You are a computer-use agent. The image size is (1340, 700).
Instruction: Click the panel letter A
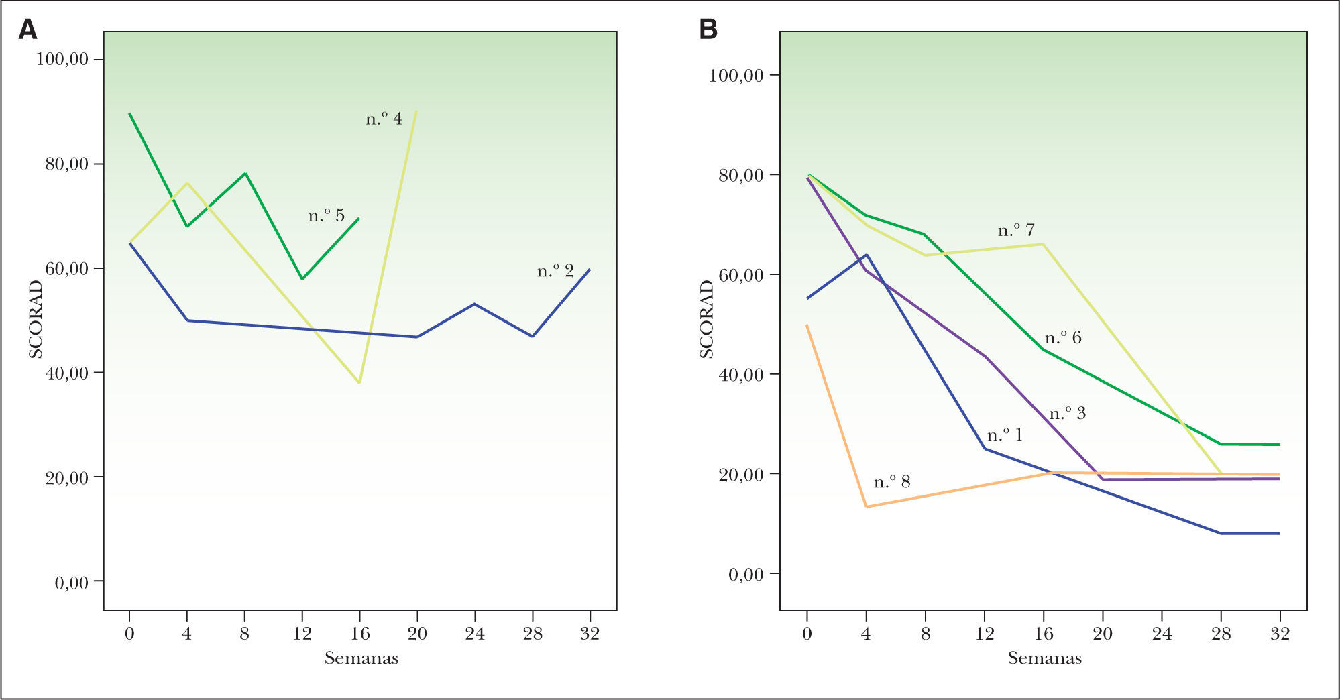pyautogui.click(x=27, y=30)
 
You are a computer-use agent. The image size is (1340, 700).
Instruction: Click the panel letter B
pyautogui.click(x=708, y=30)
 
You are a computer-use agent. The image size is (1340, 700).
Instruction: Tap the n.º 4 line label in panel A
pyautogui.click(x=384, y=119)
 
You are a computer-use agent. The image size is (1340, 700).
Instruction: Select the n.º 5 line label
pyautogui.click(x=327, y=216)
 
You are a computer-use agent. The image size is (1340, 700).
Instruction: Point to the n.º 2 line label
pyautogui.click(x=555, y=271)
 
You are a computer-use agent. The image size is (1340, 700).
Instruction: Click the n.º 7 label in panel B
pyautogui.click(x=1016, y=231)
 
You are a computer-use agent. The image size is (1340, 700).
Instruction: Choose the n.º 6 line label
pyautogui.click(x=1063, y=337)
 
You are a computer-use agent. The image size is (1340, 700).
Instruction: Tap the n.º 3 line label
pyautogui.click(x=1067, y=414)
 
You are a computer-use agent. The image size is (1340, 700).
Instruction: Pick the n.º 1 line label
pyautogui.click(x=1005, y=436)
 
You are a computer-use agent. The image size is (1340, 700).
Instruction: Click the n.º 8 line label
pyautogui.click(x=892, y=482)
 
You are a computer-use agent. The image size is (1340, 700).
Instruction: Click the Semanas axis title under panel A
pyautogui.click(x=361, y=658)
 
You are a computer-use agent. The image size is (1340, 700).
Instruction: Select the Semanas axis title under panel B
pyautogui.click(x=1044, y=658)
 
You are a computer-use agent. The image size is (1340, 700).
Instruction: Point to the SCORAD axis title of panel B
pyautogui.click(x=707, y=319)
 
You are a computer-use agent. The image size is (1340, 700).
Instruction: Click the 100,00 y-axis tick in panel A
pyautogui.click(x=62, y=60)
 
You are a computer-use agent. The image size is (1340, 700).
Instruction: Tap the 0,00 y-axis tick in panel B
pyautogui.click(x=746, y=575)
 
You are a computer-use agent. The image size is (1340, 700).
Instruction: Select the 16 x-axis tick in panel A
pyautogui.click(x=359, y=634)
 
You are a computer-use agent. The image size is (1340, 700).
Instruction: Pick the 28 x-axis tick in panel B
pyautogui.click(x=1221, y=634)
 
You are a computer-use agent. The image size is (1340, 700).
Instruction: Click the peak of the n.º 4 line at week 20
pyautogui.click(x=416, y=111)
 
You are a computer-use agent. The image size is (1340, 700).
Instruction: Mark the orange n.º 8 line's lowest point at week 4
pyautogui.click(x=866, y=506)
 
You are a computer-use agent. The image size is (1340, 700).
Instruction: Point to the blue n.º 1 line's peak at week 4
pyautogui.click(x=867, y=255)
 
